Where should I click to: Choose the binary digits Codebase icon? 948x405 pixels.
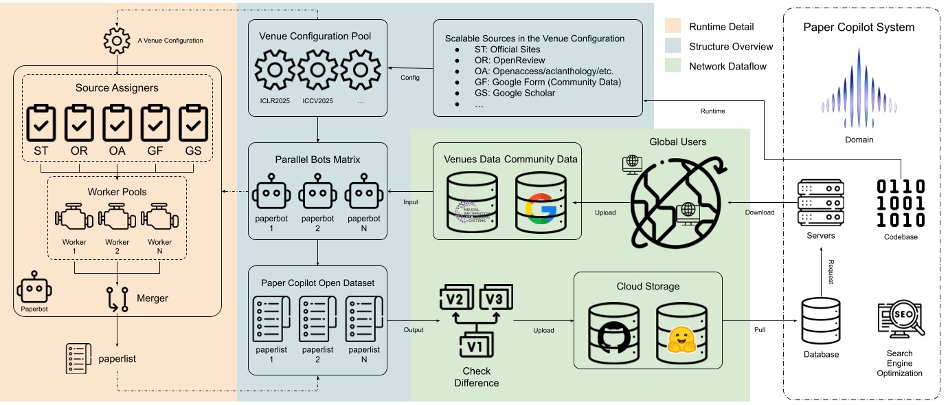point(901,203)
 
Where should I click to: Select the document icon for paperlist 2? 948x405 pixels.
point(318,318)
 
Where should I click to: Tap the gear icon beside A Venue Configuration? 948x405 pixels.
point(117,41)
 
